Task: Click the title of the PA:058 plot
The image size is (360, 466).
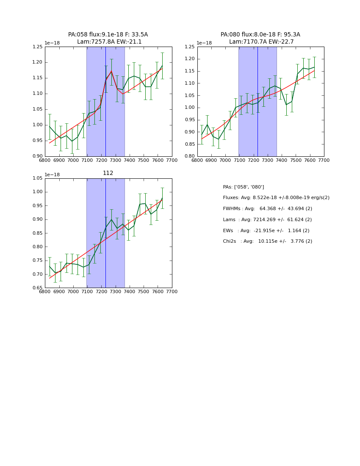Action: [x=108, y=38]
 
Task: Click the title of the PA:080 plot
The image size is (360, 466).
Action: [x=260, y=38]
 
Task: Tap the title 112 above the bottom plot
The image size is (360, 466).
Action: [x=108, y=173]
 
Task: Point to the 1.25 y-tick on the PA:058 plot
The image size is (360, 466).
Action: [x=38, y=47]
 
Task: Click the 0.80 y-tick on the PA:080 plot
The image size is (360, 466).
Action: [x=190, y=156]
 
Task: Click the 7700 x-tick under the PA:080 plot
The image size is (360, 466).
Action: [x=324, y=160]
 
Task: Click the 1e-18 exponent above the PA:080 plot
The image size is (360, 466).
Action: [x=204, y=43]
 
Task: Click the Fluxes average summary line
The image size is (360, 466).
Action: [x=276, y=198]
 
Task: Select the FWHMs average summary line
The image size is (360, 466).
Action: [x=267, y=209]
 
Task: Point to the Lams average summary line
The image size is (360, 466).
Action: [x=267, y=220]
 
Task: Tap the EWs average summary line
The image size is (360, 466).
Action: [x=266, y=231]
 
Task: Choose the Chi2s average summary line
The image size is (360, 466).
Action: [x=267, y=241]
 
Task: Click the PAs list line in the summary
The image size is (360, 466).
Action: [x=244, y=187]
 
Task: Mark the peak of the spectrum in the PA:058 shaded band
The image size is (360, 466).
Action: [x=111, y=71]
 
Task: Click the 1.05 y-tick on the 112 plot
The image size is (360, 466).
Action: [x=38, y=178]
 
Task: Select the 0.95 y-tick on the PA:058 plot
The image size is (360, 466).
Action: [x=38, y=141]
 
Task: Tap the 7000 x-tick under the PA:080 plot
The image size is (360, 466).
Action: [x=225, y=160]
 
